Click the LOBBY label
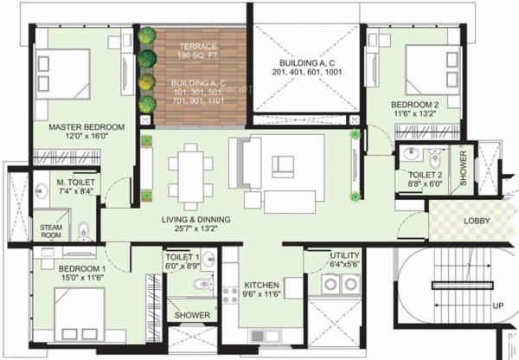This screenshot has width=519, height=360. (x=477, y=221)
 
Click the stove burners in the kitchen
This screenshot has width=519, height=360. (x=232, y=294)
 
